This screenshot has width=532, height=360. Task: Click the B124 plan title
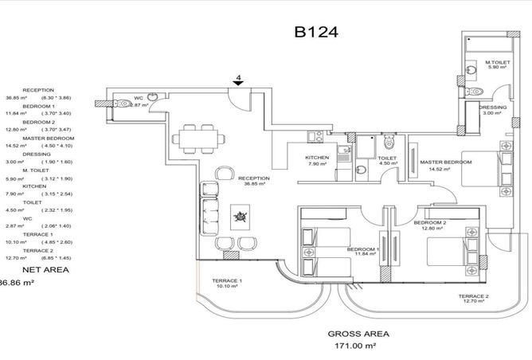click(x=317, y=33)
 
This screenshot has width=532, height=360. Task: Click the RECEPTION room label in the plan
click(x=254, y=178)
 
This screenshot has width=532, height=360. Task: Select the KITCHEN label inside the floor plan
click(x=317, y=158)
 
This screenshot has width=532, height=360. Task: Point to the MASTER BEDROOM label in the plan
click(x=445, y=162)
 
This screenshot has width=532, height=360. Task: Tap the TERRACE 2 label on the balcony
click(x=473, y=297)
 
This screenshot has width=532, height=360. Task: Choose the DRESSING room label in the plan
click(x=493, y=107)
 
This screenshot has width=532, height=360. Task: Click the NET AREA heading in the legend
click(x=46, y=271)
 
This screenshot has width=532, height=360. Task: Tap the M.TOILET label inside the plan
click(x=499, y=63)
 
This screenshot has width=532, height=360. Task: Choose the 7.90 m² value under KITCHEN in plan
click(x=317, y=165)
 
